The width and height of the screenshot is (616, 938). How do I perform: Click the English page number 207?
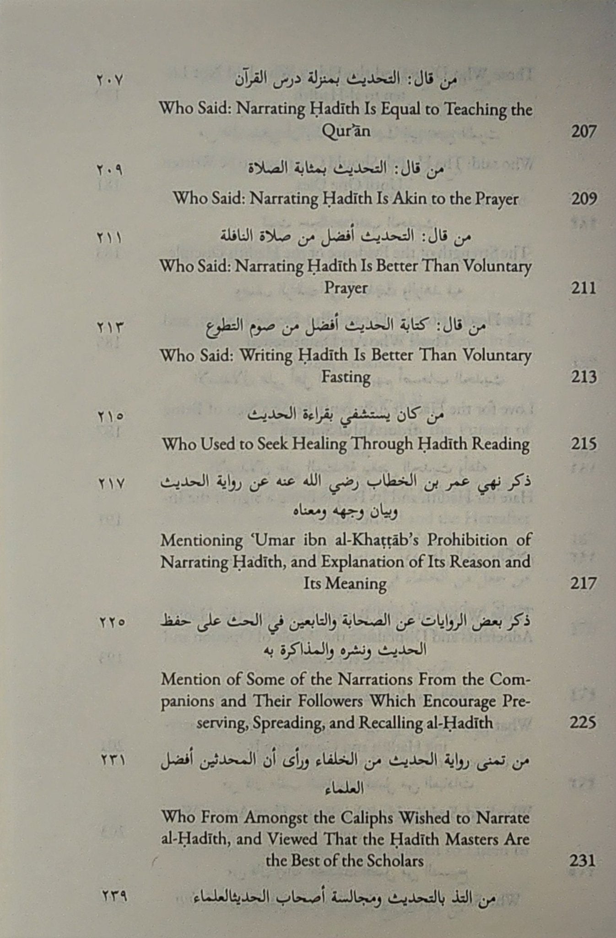click(584, 132)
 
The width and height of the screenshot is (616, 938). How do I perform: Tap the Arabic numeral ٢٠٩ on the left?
click(110, 171)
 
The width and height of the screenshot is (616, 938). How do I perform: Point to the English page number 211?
click(584, 288)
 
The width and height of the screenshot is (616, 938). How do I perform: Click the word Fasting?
click(346, 377)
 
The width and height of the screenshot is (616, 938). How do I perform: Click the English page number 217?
click(584, 584)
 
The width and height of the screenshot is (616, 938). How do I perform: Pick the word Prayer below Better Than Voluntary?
click(346, 288)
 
